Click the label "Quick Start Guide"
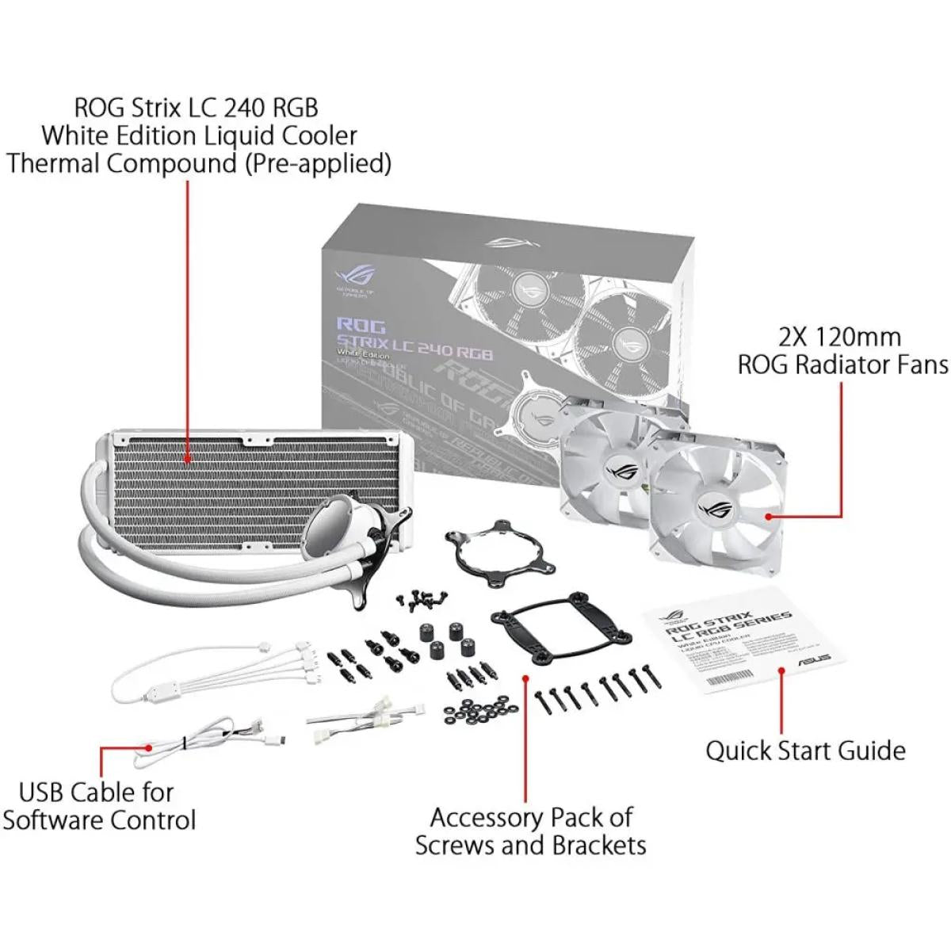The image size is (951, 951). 805,750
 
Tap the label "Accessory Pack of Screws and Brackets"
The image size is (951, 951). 530,831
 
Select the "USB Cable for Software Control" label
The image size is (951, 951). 98,805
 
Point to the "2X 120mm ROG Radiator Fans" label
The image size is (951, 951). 842,350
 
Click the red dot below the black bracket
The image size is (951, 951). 526,678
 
